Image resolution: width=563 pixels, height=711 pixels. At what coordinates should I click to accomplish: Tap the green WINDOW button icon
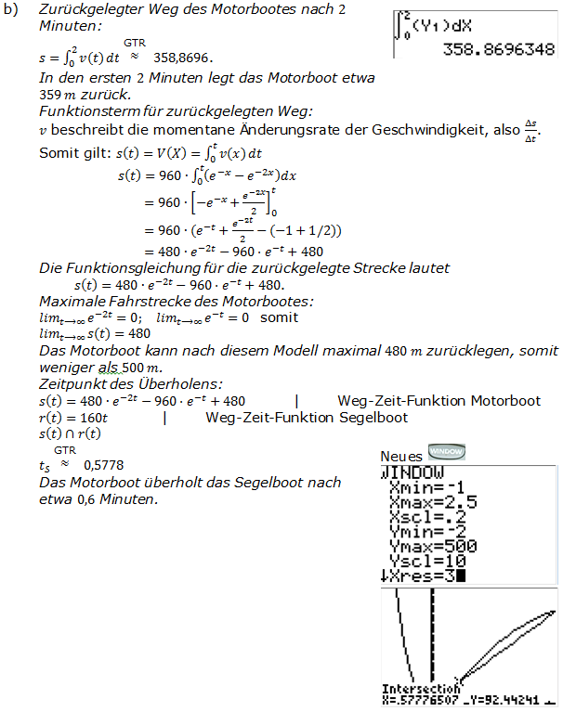[446, 452]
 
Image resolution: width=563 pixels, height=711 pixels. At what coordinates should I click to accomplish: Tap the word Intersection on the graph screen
[420, 689]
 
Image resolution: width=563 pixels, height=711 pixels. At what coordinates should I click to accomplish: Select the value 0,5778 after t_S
[103, 464]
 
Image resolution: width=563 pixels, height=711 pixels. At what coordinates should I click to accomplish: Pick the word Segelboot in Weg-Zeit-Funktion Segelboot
[373, 418]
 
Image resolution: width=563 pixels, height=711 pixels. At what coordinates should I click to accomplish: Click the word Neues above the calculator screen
[402, 456]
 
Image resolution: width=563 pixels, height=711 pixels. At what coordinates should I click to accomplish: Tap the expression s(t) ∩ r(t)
[71, 433]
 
